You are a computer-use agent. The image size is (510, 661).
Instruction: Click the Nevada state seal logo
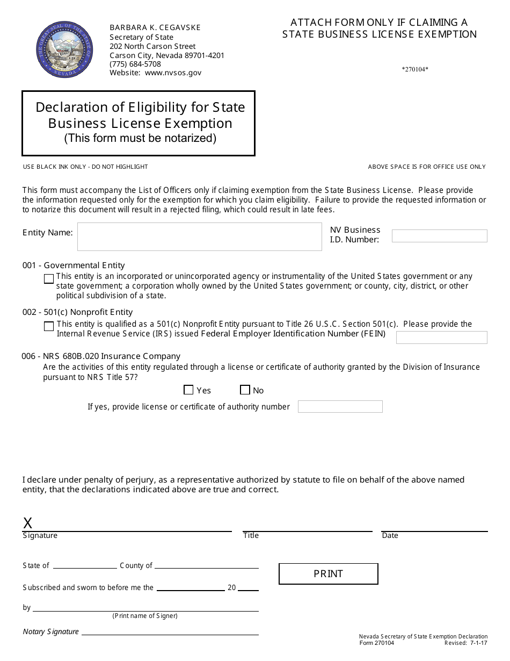coord(64,49)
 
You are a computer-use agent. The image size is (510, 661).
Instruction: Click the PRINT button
coord(328,574)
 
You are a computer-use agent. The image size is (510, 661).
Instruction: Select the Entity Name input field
coord(199,236)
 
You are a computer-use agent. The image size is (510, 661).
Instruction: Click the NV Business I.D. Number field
coord(439,236)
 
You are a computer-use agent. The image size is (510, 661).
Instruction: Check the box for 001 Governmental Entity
coord(49,279)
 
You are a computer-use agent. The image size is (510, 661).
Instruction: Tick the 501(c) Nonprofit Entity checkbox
coord(49,326)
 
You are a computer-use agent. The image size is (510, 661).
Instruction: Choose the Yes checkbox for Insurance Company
coord(188,390)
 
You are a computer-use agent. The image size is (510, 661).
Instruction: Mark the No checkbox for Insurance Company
coord(245,390)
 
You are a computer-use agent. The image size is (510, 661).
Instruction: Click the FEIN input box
coord(441,337)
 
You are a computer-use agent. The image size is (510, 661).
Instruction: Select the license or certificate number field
coord(340,407)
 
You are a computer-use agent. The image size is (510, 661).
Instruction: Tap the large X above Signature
coord(28,523)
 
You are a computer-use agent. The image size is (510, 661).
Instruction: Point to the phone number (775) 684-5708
coord(135,64)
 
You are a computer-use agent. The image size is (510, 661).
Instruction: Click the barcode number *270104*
coord(415,69)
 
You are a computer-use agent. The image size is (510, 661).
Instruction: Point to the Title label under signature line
coord(251,536)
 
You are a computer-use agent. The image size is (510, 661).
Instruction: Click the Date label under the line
coord(390,536)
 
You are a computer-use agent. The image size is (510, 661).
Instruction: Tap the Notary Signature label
coord(51,632)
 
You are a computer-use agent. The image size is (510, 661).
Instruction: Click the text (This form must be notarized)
coord(140,138)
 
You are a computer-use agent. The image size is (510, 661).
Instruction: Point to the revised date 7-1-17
coord(478,643)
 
